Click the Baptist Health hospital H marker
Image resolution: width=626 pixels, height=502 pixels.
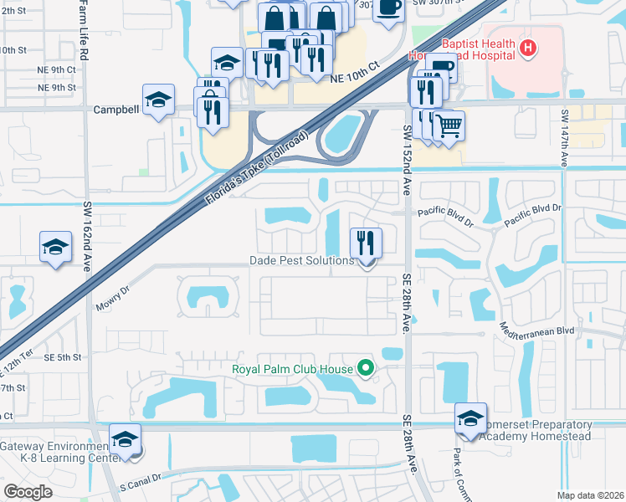point(527,49)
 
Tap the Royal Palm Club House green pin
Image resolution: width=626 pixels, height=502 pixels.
point(365,367)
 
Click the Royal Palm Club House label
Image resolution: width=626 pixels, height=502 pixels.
point(292,367)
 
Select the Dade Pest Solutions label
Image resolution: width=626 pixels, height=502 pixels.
point(302,260)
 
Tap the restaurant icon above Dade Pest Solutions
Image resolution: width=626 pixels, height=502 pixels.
point(366,243)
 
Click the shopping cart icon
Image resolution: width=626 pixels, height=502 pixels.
point(449,126)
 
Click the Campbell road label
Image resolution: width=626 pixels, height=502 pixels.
point(115,109)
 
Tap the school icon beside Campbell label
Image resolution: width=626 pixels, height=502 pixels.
point(158,100)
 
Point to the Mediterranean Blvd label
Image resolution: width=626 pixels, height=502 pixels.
point(537,330)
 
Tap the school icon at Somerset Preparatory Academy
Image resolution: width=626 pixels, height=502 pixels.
point(470,418)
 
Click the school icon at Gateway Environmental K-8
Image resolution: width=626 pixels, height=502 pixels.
point(126,440)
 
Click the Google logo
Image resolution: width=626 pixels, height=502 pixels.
point(28,492)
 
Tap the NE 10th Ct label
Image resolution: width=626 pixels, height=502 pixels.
point(355,73)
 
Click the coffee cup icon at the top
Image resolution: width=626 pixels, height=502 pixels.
point(387,6)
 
